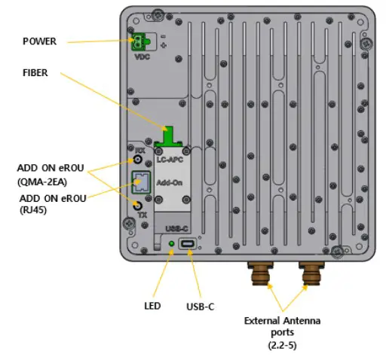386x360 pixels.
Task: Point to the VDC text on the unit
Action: point(142,56)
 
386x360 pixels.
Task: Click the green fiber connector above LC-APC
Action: point(172,136)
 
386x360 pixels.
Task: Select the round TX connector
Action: point(139,206)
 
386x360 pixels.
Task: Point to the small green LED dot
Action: point(172,244)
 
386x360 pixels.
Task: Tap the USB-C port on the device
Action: point(188,244)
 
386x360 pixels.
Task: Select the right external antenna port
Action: point(310,275)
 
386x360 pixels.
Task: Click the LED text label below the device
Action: point(153,307)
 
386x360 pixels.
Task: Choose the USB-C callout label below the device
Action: point(201,307)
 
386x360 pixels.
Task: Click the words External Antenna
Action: point(282,321)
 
